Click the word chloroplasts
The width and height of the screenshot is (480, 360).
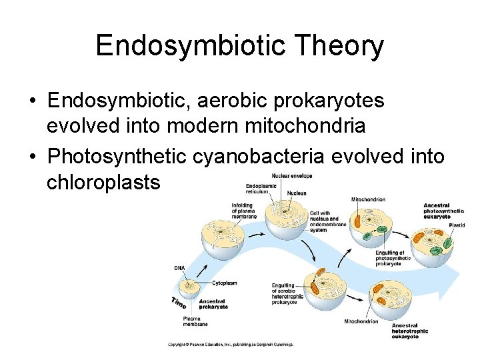tap(103, 182)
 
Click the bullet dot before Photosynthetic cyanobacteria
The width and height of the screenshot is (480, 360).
tap(33, 157)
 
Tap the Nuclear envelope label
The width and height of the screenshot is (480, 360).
tap(292, 176)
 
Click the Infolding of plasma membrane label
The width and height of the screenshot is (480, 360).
tap(244, 211)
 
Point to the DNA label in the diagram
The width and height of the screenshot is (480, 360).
tap(179, 268)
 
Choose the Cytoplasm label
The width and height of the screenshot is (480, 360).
tap(225, 283)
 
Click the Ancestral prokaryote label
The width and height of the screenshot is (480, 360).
tap(213, 304)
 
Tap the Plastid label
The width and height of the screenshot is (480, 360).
tap(456, 225)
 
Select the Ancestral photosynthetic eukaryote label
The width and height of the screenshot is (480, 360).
tap(443, 211)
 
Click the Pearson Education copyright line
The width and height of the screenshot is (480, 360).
tap(230, 345)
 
